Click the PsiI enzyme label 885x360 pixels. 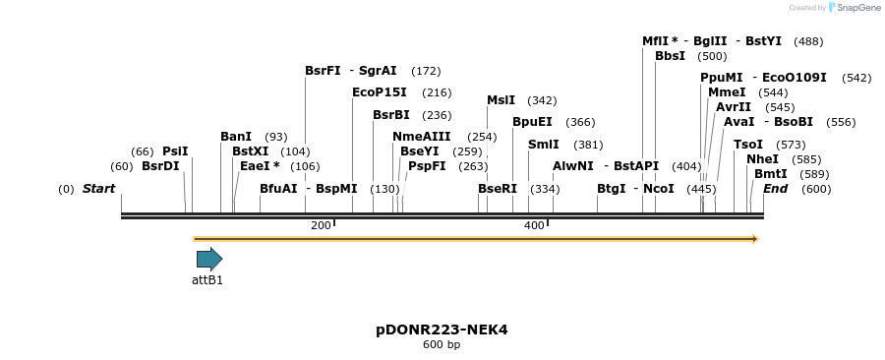coord(175,151)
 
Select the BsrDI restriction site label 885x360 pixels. coord(160,166)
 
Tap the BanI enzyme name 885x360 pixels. coord(236,137)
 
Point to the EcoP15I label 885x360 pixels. coord(380,92)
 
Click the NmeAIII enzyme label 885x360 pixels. coord(421,137)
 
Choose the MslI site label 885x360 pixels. coord(501,100)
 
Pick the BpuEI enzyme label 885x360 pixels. coord(532,122)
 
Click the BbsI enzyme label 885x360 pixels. coord(670,56)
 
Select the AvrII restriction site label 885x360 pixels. coord(734,107)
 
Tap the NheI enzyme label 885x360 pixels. coord(762,158)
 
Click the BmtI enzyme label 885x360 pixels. coord(771,173)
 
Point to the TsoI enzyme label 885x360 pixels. coord(748,145)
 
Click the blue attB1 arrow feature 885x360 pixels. coord(209,260)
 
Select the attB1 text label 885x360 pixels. coord(207,280)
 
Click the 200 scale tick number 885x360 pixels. coord(321,226)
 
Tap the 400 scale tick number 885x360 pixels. coord(534,226)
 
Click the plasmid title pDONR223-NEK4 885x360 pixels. coord(442,330)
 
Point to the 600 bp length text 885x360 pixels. coord(442,345)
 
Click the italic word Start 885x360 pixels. coord(98,189)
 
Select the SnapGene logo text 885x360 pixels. coord(855,8)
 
